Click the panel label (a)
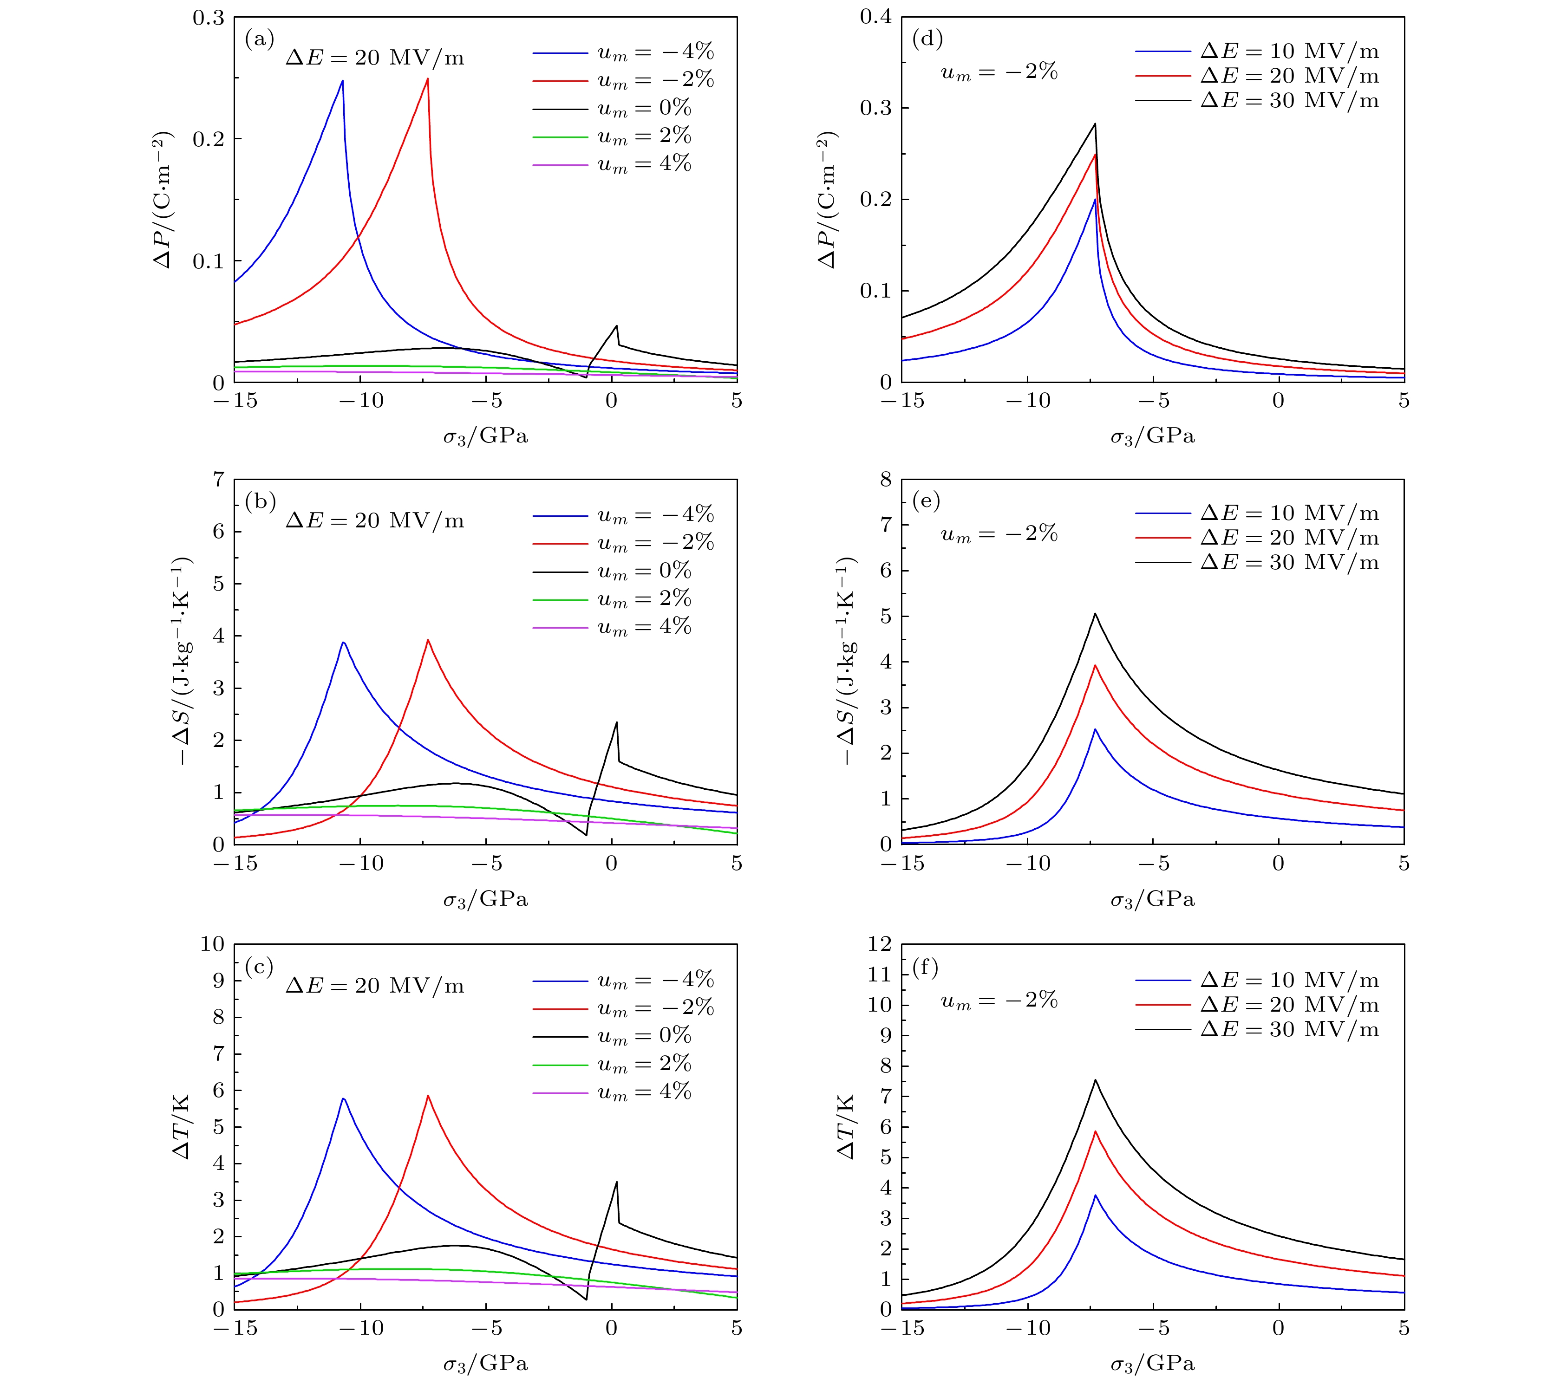(259, 39)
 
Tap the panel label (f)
(926, 968)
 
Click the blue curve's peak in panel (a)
(342, 81)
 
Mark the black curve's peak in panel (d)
(1095, 124)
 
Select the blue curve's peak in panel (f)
(1095, 1217)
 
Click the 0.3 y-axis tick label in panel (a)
(208, 18)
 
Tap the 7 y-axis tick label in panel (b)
(218, 479)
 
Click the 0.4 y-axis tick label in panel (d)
(875, 18)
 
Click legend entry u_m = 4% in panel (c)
(644, 1093)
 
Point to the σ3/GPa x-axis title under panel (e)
(1152, 900)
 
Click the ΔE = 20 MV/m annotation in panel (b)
(374, 521)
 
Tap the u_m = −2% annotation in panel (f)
(999, 1001)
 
